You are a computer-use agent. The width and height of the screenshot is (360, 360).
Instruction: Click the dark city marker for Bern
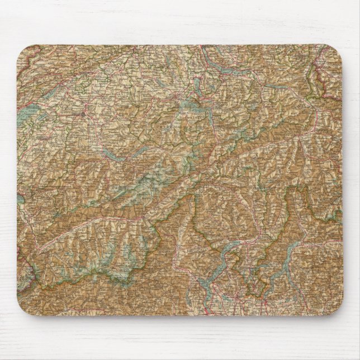click(x=84, y=115)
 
